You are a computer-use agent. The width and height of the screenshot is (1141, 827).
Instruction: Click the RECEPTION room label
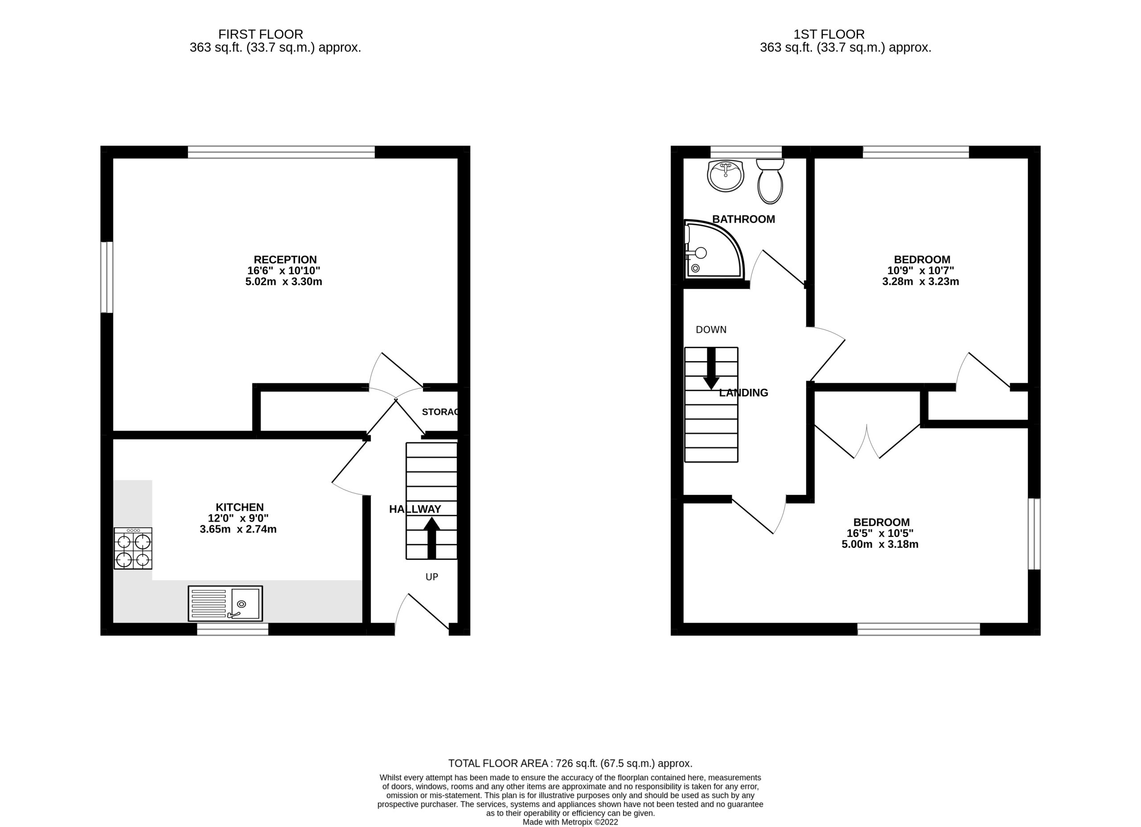285,259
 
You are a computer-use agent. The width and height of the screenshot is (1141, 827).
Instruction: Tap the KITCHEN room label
239,507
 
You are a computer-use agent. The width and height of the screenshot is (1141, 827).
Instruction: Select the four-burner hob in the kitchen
133,548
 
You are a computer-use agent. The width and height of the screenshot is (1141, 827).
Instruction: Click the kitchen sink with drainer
225,603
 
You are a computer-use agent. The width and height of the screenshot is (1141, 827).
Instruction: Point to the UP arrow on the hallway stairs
431,538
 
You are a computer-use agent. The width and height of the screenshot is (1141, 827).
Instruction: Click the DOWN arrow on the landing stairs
710,368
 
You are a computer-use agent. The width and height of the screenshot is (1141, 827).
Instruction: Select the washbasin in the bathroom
725,175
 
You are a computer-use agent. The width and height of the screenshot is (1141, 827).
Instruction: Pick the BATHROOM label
743,219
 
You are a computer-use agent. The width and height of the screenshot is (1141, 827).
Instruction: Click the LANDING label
743,393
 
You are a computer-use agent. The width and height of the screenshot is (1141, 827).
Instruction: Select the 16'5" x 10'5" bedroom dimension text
880,533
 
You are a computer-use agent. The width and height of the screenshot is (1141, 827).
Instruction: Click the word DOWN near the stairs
711,330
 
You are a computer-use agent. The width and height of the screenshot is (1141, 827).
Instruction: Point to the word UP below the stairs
431,577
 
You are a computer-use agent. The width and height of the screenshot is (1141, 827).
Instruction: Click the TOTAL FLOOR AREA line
570,763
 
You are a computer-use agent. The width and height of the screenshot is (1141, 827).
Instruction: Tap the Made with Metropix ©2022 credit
570,822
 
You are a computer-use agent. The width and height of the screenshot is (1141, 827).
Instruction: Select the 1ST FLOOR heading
829,34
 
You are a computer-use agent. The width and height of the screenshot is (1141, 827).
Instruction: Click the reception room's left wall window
107,277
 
